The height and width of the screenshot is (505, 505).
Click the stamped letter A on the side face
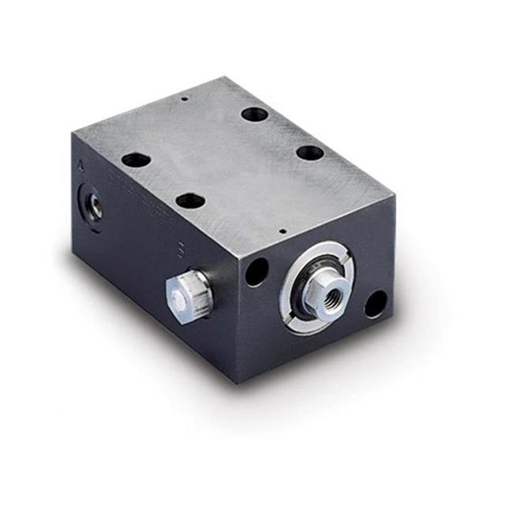(82, 167)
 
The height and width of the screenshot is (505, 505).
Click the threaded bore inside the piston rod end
(325, 290)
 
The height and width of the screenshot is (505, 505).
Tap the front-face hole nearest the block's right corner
(376, 304)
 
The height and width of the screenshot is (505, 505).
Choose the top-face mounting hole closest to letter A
(136, 160)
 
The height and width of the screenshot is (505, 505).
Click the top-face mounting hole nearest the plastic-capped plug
(190, 201)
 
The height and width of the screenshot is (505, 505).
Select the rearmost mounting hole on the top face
(255, 114)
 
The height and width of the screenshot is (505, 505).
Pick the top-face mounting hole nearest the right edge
(309, 152)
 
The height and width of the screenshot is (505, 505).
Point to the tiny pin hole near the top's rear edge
(183, 99)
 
